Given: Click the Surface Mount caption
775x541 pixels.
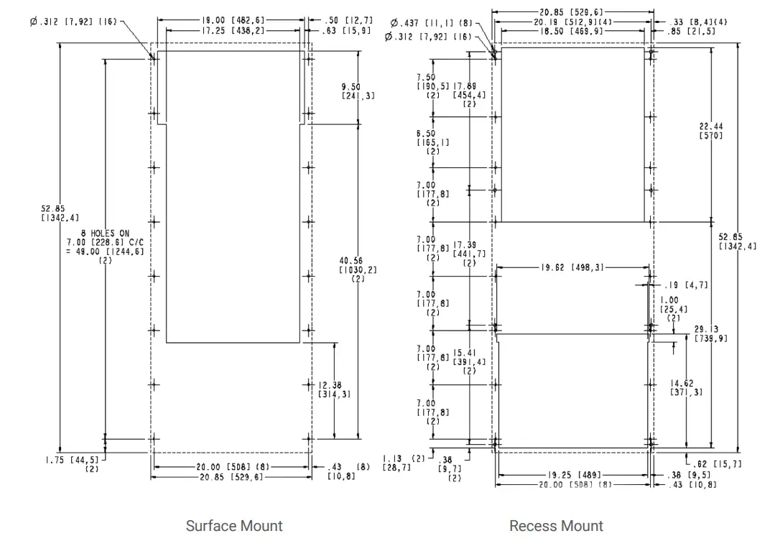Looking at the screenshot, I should click(x=234, y=526).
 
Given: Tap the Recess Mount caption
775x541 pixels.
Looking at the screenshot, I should click(x=556, y=526).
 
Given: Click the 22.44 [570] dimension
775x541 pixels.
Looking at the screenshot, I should click(x=711, y=131).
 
